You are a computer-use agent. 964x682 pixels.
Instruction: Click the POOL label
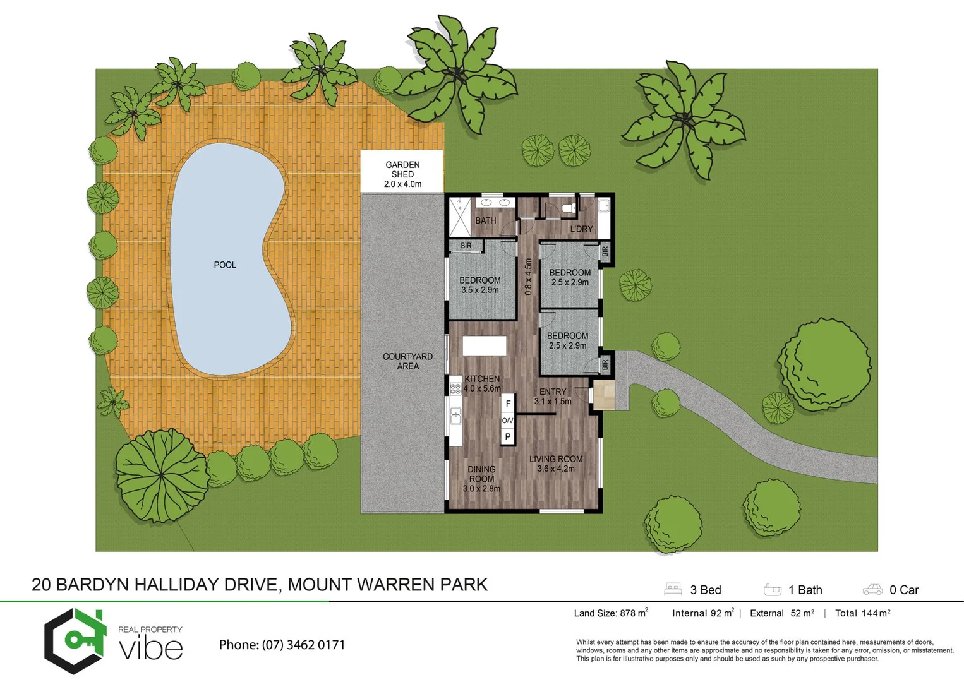point(225,265)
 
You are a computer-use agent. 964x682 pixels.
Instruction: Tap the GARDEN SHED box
point(402,172)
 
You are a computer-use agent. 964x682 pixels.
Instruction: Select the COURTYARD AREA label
point(407,361)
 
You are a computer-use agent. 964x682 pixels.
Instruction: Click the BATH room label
point(485,220)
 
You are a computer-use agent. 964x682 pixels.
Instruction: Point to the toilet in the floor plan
point(568,207)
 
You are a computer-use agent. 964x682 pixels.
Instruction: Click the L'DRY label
point(581,229)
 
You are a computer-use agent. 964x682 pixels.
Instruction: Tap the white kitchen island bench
point(484,346)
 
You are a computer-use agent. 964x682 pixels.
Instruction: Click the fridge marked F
point(508,404)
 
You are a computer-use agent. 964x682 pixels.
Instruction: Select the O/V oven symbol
point(507,421)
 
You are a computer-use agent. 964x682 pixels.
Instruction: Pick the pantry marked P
point(507,437)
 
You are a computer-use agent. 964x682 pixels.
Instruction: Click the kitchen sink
point(455,416)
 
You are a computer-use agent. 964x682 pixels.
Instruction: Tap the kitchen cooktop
point(455,386)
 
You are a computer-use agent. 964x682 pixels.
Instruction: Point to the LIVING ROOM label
point(556,459)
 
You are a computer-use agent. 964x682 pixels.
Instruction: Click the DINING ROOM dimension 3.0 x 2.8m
point(481,489)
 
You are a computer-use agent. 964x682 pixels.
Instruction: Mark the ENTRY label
point(553,392)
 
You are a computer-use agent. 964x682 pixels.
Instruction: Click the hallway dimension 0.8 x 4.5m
point(528,277)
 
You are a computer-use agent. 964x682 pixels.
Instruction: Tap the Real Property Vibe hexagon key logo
point(75,641)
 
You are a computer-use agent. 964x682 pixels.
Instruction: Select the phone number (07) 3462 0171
point(304,645)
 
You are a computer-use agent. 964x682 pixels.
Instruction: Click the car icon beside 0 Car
point(872,590)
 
